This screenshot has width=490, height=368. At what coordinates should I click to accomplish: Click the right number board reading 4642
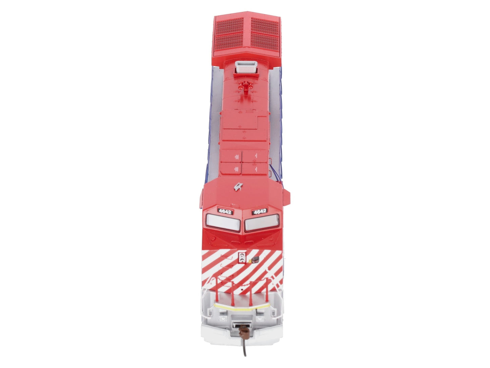pyautogui.click(x=260, y=211)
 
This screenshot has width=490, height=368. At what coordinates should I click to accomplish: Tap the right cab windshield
pyautogui.click(x=262, y=222)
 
